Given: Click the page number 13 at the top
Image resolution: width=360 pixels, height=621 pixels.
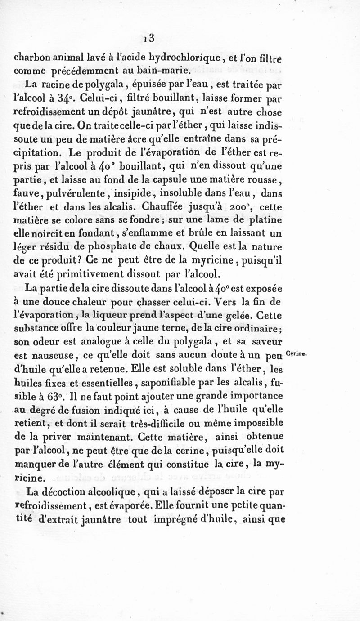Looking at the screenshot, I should [149, 39].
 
